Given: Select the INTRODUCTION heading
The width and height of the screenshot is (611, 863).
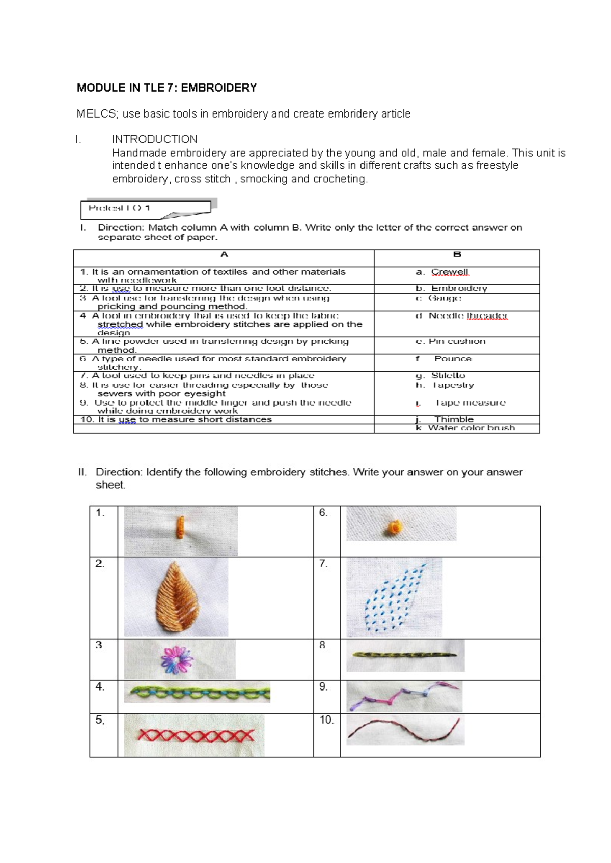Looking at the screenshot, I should pos(154,139).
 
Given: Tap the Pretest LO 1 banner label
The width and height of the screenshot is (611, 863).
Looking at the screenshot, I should pos(119,208).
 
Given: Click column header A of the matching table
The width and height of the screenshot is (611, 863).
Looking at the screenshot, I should pos(224,255).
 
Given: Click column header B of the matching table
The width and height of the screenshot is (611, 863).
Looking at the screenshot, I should pos(457,255).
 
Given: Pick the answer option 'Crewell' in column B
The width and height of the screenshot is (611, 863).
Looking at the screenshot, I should pos(450,272).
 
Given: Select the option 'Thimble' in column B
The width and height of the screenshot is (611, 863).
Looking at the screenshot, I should pos(454,419).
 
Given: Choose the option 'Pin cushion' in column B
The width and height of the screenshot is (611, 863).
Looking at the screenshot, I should pos(457,341).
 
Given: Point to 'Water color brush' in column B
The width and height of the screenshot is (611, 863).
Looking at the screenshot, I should pos(471,428).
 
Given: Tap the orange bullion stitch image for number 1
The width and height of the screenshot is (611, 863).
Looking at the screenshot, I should pos(180,528).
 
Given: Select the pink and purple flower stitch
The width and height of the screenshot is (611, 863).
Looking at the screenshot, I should pos(177,659).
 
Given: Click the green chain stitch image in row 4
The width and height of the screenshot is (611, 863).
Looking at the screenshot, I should pos(198,693).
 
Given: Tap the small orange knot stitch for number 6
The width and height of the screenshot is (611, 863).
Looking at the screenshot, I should pos(395,528).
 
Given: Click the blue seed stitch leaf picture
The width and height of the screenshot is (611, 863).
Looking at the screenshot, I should pos(395,598).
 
